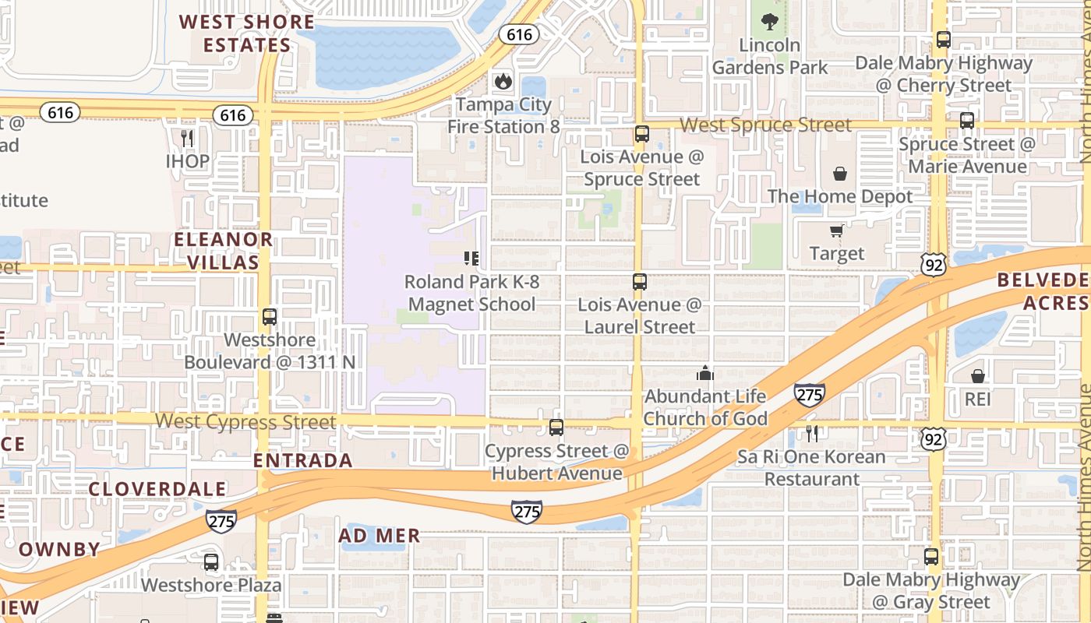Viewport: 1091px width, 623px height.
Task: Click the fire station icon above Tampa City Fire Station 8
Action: click(x=503, y=81)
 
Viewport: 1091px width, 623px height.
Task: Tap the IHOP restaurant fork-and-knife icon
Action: click(x=187, y=139)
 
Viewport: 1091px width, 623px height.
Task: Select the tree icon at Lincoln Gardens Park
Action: click(x=770, y=22)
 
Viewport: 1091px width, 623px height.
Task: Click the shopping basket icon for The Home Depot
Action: click(x=840, y=173)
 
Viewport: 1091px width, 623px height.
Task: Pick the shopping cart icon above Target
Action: click(x=837, y=231)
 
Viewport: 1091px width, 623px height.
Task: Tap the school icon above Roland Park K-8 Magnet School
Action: click(x=471, y=258)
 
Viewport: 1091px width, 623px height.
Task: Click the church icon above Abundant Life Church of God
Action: click(x=705, y=373)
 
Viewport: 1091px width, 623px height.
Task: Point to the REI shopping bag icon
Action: click(x=978, y=376)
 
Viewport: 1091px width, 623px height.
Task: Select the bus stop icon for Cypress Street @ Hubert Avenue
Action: click(x=556, y=427)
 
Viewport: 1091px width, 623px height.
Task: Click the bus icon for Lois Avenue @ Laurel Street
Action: click(x=640, y=282)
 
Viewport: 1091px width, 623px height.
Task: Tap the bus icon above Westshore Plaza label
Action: click(x=211, y=562)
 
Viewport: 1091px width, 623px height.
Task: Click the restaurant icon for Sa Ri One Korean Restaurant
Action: click(x=812, y=434)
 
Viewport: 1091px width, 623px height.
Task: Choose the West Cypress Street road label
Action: click(x=245, y=422)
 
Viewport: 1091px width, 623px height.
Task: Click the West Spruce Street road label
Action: click(x=766, y=125)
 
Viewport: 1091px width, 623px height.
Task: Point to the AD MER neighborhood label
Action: click(x=380, y=536)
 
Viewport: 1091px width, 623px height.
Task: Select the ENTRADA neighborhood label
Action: click(x=303, y=460)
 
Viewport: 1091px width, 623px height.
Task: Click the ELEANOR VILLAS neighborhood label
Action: click(x=223, y=251)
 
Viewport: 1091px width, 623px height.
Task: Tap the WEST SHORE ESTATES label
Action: click(x=246, y=33)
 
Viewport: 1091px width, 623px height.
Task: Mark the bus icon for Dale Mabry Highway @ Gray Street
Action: click(x=931, y=557)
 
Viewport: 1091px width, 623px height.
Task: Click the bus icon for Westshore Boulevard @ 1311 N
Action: click(x=270, y=317)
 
